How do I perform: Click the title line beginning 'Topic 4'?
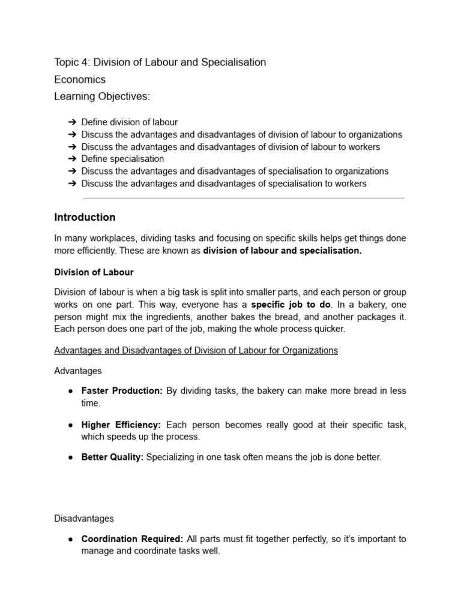coord(160,62)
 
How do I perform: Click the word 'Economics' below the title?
coord(80,80)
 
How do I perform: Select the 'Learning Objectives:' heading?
coord(103,97)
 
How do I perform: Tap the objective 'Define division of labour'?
coord(129,122)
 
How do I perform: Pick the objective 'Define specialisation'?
coord(122,159)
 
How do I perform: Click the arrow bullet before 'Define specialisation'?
coord(73,159)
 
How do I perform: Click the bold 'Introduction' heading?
coord(85,217)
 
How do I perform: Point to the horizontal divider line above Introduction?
coord(244,198)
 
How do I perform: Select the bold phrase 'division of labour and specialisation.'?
coord(282,251)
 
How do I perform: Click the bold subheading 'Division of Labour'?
coord(94,272)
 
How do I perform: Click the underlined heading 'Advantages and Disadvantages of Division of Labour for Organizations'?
coord(196,350)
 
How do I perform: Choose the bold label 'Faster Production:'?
coord(122,391)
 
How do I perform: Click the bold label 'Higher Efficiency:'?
coord(122,425)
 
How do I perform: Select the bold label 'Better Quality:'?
coord(112,457)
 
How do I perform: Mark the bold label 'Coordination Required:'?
coord(133,539)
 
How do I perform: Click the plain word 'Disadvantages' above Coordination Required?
coord(83,518)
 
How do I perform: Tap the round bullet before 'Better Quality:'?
coord(70,457)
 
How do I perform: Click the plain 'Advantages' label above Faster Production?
coord(78,371)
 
